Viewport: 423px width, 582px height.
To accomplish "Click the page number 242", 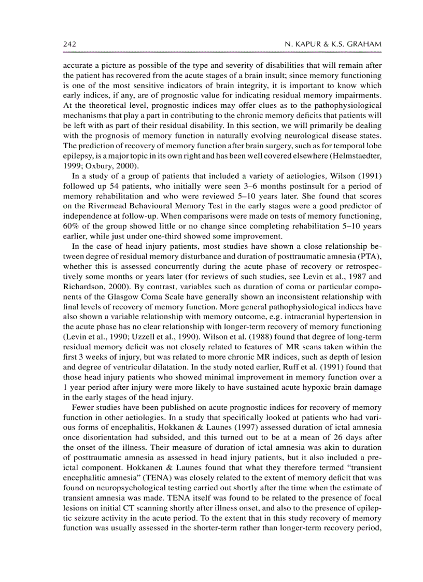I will point(69,45).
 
